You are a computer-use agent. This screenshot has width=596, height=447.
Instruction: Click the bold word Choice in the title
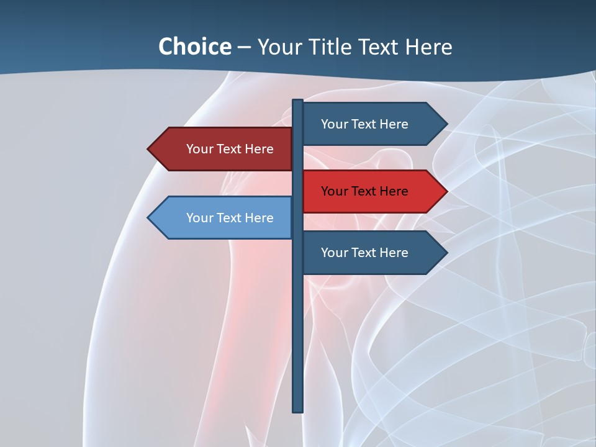tap(194, 47)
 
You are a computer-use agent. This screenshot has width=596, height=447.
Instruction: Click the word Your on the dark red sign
tap(199, 149)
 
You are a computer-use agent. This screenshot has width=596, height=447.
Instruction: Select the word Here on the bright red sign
tap(393, 191)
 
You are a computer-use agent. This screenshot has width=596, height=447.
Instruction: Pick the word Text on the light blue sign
tap(229, 218)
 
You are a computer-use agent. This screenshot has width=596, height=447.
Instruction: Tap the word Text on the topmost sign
tap(364, 124)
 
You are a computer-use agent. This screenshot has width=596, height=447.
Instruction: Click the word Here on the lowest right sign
tap(393, 253)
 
